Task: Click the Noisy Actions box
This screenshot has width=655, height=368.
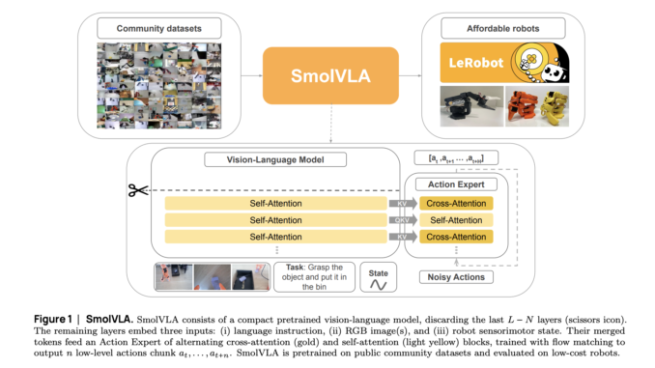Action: click(x=455, y=277)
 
